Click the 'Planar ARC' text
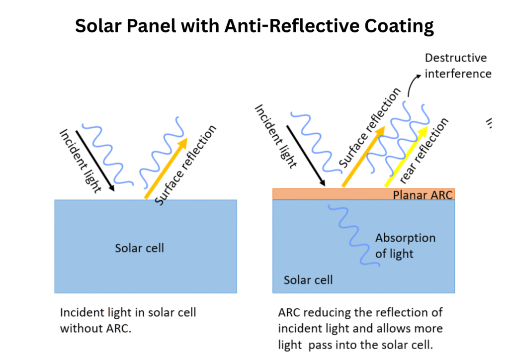click(423, 194)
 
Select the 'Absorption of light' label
click(405, 246)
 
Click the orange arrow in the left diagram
click(166, 168)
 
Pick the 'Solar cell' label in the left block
click(139, 248)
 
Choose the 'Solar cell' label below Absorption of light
click(308, 280)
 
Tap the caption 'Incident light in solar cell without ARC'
click(128, 320)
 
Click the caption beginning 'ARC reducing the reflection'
click(360, 329)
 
